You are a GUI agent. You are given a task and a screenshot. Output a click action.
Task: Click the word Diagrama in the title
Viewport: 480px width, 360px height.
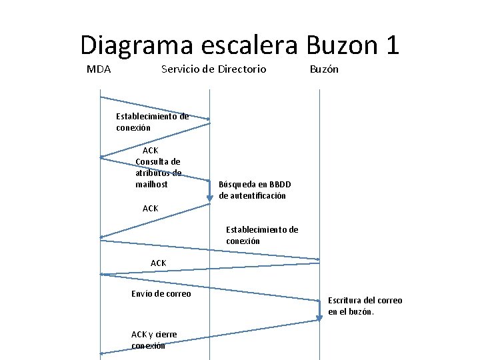coord(135,46)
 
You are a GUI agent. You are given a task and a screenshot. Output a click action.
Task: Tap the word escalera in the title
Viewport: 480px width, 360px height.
coord(248,46)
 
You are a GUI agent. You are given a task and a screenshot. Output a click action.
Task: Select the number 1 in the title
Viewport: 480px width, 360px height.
coord(391,46)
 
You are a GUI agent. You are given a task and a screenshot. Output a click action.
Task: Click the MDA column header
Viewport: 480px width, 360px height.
coord(99,69)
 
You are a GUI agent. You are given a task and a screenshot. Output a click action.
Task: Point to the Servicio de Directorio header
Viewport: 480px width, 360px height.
coord(213,69)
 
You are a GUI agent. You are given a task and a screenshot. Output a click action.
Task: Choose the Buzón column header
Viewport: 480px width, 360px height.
coord(324,69)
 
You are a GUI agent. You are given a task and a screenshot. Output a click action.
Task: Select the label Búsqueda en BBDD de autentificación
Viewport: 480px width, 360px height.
coord(255,190)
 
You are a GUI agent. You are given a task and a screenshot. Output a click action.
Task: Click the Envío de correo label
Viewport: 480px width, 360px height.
coord(161,294)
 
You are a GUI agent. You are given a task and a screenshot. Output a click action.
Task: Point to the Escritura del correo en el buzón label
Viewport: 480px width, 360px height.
coord(365,306)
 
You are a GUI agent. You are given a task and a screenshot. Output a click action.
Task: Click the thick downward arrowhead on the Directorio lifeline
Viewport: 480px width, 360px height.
coord(209,196)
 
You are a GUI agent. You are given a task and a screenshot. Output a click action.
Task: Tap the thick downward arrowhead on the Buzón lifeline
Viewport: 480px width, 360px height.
coord(319,314)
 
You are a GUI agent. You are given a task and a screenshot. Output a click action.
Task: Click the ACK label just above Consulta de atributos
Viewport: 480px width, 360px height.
coord(151,151)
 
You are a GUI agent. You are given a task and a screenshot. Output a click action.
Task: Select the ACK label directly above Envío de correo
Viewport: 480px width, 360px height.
coord(159,263)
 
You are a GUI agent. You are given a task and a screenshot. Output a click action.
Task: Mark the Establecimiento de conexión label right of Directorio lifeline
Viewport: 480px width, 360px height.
coord(262,235)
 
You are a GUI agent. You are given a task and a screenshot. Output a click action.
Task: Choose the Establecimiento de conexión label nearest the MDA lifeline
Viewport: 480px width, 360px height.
coord(152,122)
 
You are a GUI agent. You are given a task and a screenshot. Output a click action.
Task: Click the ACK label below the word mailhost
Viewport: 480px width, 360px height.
coord(151,209)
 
